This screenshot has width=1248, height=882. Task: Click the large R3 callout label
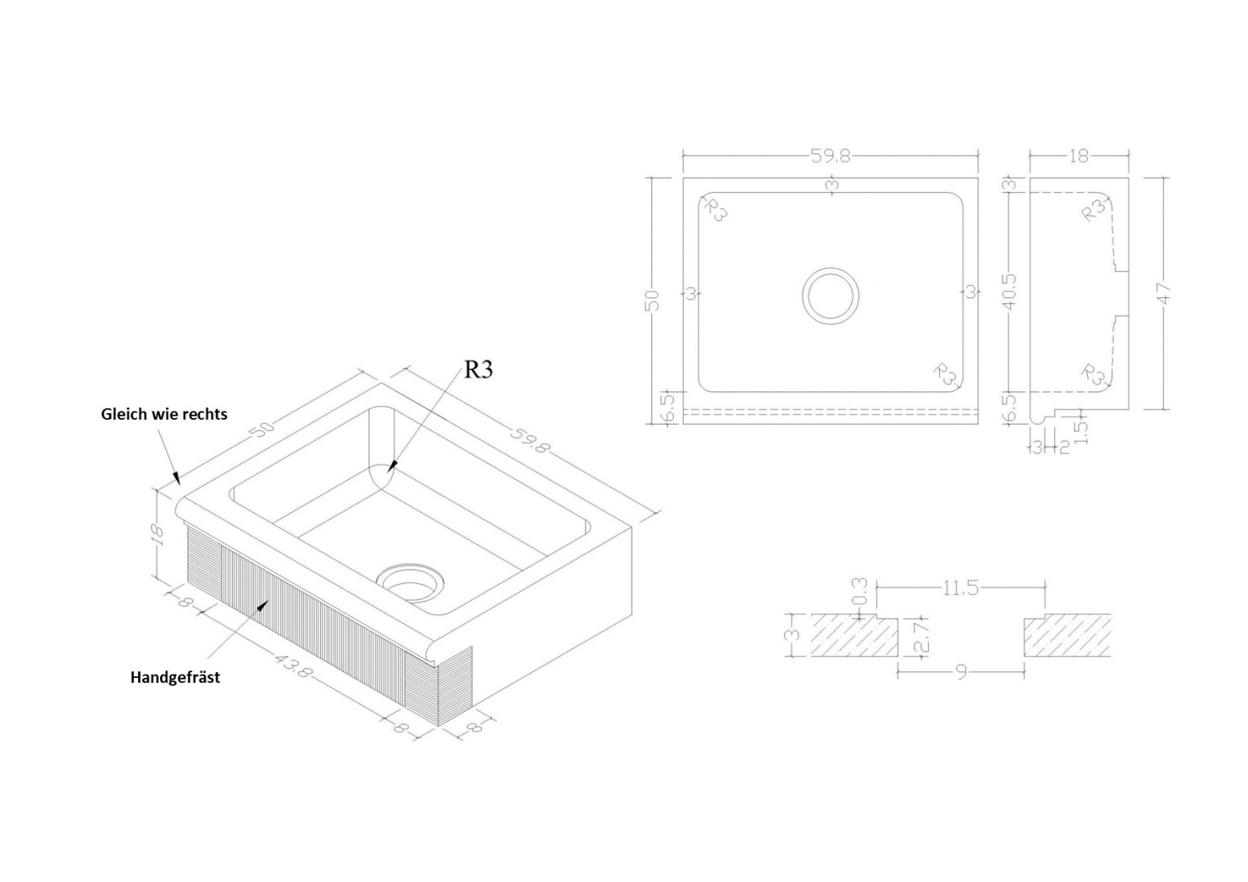(479, 369)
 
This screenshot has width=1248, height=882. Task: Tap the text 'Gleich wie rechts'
(164, 414)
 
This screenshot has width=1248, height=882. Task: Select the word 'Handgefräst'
(175, 677)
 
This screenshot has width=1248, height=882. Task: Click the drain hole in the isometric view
(411, 583)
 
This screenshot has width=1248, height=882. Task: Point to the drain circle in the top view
(830, 296)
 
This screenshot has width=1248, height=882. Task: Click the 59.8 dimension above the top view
(830, 156)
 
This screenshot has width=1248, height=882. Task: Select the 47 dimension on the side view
(1163, 294)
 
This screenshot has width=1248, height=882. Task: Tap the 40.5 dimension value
(1009, 291)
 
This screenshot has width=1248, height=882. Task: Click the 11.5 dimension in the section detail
(960, 588)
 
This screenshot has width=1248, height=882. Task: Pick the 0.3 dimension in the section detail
(860, 592)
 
